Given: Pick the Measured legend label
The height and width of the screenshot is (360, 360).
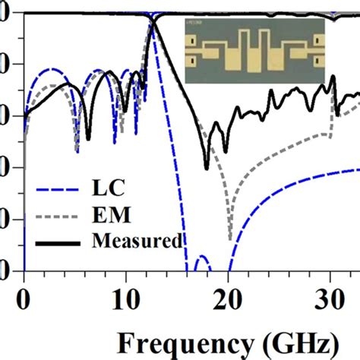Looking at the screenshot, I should tap(136, 242).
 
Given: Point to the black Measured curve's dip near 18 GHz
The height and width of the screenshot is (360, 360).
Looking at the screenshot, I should tap(207, 167).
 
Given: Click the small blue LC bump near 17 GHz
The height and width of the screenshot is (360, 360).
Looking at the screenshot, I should tap(201, 258).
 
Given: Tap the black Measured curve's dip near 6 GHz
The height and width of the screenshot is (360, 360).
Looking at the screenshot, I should tap(88, 139).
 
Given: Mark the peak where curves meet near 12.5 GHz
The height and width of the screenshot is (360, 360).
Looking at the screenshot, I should tap(153, 21).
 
